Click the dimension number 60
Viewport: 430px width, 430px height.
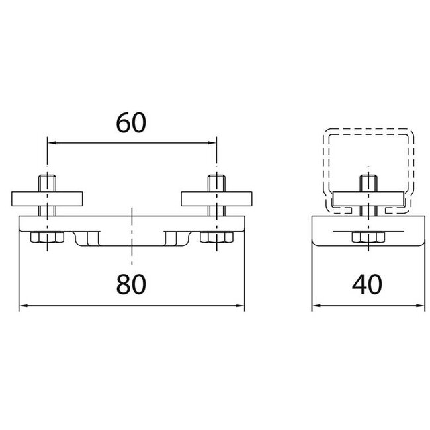coord(131,123)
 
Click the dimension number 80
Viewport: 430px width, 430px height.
coord(131,284)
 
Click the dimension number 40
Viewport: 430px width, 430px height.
coord(367,284)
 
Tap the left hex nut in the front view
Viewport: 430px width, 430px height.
coord(47,237)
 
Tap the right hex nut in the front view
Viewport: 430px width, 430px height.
coord(216,237)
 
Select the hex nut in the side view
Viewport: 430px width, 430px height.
coord(368,237)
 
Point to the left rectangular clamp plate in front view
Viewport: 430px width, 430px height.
coord(47,199)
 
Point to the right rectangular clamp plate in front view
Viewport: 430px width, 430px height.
coord(216,199)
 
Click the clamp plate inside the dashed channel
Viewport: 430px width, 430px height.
coord(368,199)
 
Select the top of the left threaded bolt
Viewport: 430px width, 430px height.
coord(47,176)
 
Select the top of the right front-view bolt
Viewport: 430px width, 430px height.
coord(216,176)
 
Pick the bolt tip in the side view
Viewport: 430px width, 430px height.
coord(368,176)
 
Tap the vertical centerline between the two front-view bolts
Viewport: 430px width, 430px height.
coord(132,236)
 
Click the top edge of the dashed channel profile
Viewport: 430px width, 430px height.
coord(368,128)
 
